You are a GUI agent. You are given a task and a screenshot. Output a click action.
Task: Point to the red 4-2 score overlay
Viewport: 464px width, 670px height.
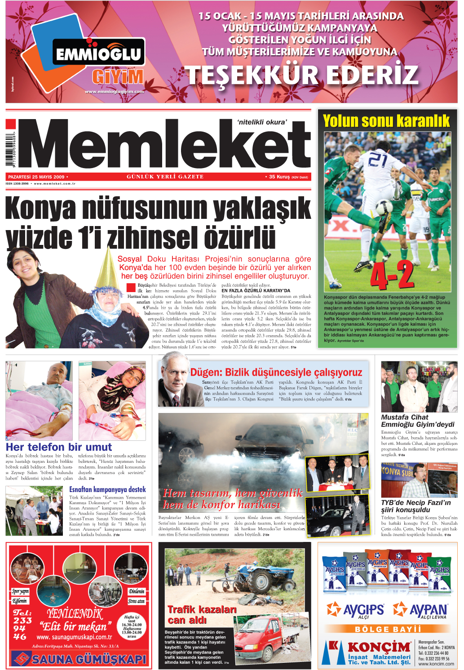[x=392, y=275]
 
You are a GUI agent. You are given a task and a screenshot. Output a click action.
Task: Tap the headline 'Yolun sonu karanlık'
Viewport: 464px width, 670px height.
[x=386, y=121]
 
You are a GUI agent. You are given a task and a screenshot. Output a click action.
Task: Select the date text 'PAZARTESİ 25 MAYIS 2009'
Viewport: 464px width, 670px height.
[x=36, y=177]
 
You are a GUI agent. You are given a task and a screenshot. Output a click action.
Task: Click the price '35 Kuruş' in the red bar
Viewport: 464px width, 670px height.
[x=279, y=177]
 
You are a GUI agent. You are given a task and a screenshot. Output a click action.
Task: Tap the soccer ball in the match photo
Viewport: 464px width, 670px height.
[x=384, y=207]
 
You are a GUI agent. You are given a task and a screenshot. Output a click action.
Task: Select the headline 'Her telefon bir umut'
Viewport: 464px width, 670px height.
[x=59, y=447]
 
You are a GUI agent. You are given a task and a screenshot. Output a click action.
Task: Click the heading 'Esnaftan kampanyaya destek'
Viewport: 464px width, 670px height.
[x=107, y=489]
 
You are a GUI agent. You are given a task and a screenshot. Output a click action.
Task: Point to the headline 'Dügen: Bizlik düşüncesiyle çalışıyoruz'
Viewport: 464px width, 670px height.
[x=276, y=372]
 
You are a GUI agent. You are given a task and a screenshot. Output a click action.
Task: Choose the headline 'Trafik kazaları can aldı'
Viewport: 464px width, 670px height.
[x=202, y=615]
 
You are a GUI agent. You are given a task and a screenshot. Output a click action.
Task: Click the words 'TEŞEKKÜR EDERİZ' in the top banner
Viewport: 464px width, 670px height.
[x=302, y=75]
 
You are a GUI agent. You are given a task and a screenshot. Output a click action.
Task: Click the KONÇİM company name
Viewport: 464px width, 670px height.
[x=379, y=647]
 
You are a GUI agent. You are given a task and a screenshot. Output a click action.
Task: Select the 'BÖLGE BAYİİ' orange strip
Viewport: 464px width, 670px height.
[x=388, y=629]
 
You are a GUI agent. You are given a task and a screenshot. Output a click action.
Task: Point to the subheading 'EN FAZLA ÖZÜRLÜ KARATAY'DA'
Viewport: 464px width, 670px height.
[x=256, y=291]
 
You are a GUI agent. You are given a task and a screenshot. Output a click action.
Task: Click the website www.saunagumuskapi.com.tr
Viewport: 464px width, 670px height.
[x=74, y=637]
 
